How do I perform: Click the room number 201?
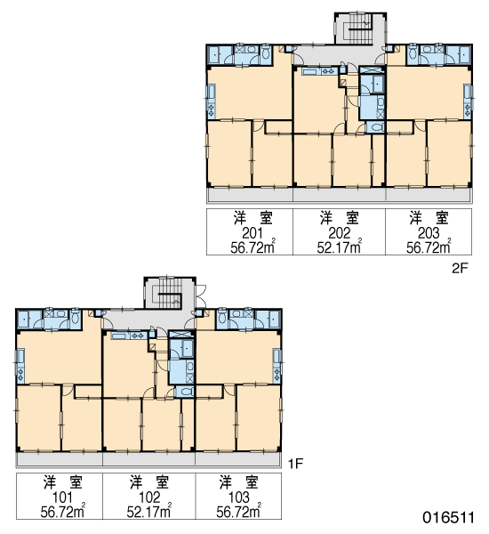tap(253, 233)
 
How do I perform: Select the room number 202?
tap(339, 233)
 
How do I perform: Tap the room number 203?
tap(429, 233)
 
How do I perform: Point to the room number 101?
tap(62, 498)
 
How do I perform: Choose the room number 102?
tap(149, 498)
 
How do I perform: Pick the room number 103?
tap(238, 498)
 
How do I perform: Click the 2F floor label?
tap(460, 269)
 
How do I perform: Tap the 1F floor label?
tap(295, 464)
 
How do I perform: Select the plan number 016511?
tap(448, 517)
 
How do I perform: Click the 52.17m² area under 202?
tap(339, 247)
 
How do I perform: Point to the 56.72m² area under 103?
tap(238, 511)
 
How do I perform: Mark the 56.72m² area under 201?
tap(253, 247)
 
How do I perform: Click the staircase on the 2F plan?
tap(360, 28)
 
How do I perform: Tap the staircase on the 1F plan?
tap(170, 293)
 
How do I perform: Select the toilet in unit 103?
tap(222, 318)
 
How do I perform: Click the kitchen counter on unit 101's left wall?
tap(20, 365)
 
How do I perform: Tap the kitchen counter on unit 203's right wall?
tap(469, 101)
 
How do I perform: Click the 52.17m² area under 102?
tap(149, 511)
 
